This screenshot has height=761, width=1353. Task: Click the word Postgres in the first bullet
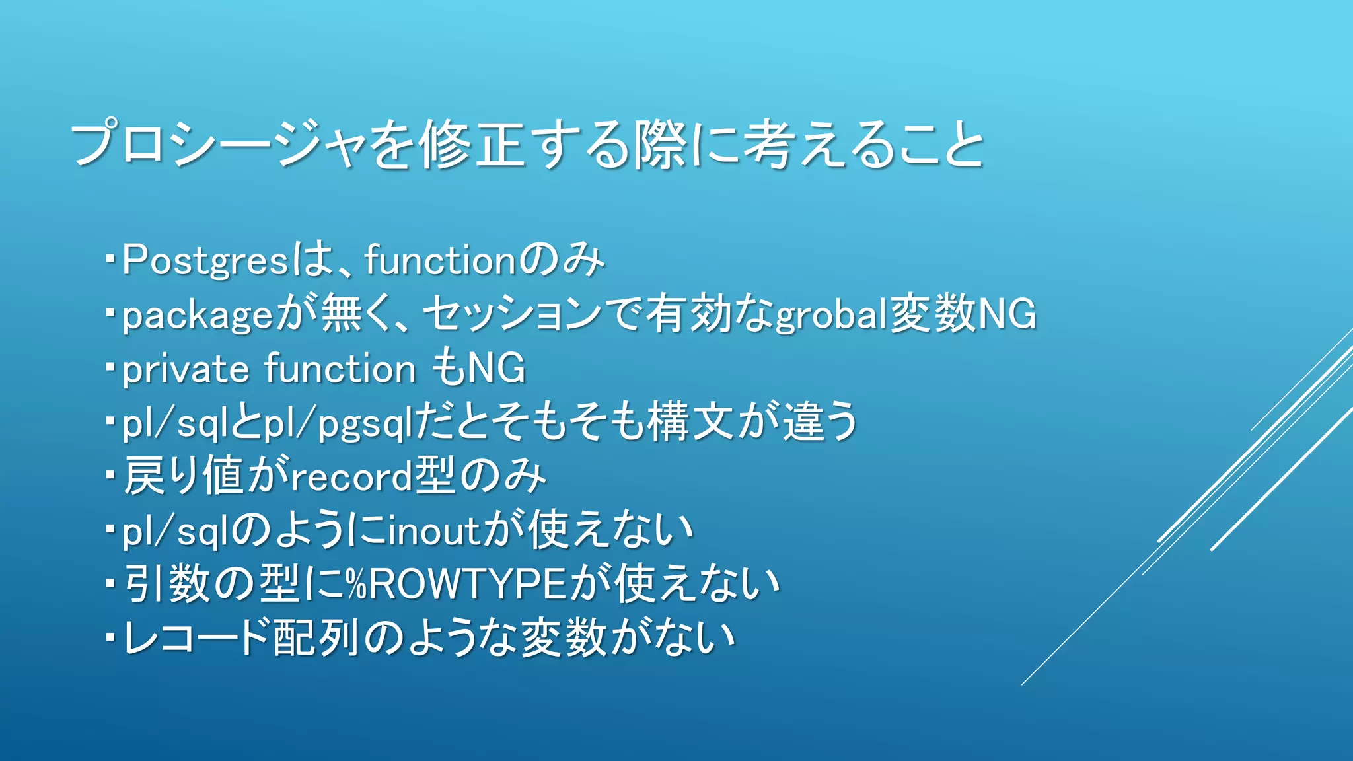tap(205, 260)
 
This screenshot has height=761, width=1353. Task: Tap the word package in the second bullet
tap(197, 315)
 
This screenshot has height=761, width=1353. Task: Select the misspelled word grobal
tap(831, 315)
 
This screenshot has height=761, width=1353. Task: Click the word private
tap(186, 369)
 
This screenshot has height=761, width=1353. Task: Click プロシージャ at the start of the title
tap(219, 145)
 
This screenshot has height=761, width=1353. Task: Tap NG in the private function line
tap(496, 369)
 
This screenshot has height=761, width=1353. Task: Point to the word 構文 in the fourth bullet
tap(690, 422)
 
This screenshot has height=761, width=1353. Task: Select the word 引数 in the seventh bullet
tap(168, 585)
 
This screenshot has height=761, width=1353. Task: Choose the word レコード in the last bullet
tap(198, 639)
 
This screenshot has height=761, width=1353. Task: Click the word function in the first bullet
tap(439, 260)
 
